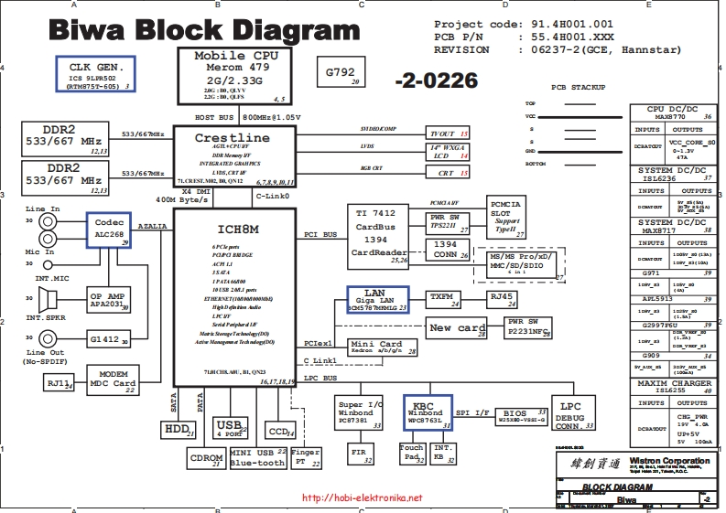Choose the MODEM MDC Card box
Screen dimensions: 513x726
point(112,379)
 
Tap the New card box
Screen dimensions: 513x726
point(458,327)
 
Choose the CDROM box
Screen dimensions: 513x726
point(206,457)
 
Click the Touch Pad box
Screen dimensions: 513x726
point(412,453)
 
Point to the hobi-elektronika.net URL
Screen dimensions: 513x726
point(362,498)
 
